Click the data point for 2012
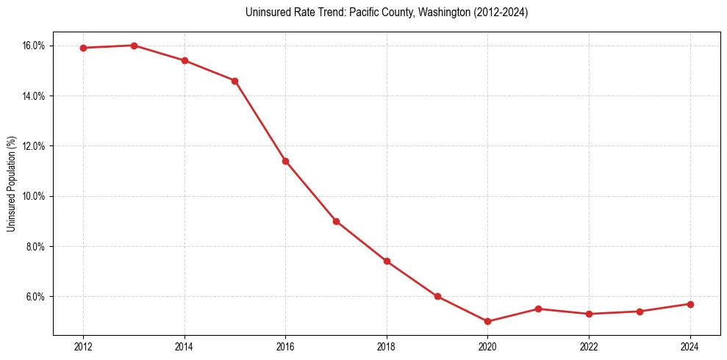(83, 48)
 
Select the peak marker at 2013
(134, 46)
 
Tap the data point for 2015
(234, 81)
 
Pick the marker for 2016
(285, 161)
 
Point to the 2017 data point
(336, 221)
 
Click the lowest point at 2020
(487, 322)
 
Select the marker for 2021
(538, 309)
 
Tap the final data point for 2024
(690, 304)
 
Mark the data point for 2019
(437, 297)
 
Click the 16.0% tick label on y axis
(34, 46)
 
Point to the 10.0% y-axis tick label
(34, 196)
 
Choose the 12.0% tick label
(34, 146)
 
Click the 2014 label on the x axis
(185, 347)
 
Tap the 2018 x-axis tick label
(387, 347)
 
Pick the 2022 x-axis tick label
(589, 347)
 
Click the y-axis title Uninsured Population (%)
(12, 184)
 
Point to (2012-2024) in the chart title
(499, 12)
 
